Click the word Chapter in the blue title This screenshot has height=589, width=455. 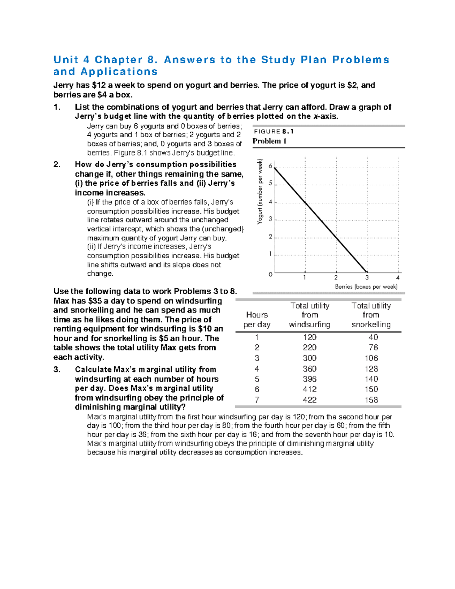(119, 60)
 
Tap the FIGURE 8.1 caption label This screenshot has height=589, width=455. (273, 132)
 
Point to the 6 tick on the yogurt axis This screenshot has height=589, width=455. (270, 166)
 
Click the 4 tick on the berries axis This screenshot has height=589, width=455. (398, 278)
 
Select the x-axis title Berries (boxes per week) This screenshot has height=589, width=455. (366, 287)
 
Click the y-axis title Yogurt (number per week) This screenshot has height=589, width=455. (260, 191)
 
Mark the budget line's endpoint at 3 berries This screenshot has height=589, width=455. (366, 272)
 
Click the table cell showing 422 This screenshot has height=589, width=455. (310, 400)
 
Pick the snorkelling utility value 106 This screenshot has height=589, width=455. (371, 358)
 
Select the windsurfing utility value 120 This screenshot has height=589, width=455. (310, 337)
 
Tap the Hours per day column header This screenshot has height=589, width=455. (257, 320)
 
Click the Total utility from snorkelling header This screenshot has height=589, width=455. (371, 315)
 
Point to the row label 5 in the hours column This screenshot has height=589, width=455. (257, 379)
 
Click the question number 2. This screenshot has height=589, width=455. (57, 165)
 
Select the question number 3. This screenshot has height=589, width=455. (57, 369)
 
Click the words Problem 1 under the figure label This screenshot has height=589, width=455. (269, 141)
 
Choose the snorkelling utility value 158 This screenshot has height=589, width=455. (371, 400)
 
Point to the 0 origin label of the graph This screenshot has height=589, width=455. (270, 274)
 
